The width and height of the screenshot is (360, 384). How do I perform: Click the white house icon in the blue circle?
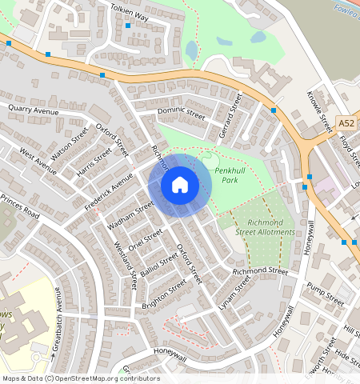(180, 186)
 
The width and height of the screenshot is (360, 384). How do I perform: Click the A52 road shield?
(346, 123)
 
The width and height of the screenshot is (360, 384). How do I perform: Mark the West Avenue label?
(38, 160)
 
